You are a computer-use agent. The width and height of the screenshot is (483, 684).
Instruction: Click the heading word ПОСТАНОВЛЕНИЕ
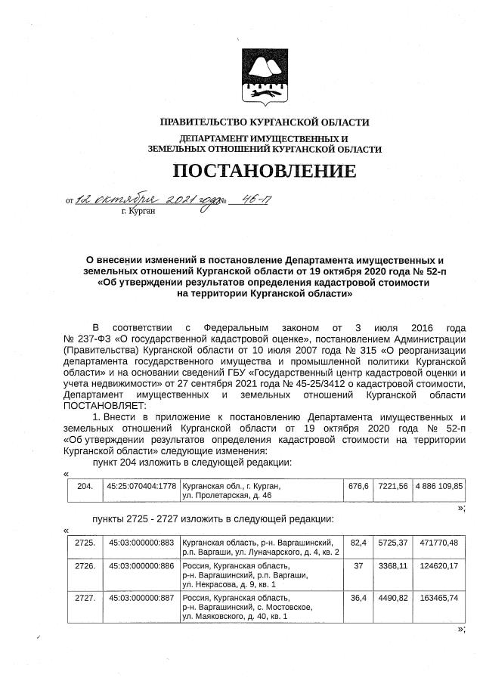pyautogui.click(x=264, y=171)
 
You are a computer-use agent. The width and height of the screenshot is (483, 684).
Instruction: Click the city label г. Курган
pyautogui.click(x=138, y=212)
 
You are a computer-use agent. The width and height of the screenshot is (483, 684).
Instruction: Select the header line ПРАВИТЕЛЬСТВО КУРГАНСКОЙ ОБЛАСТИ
pyautogui.click(x=265, y=122)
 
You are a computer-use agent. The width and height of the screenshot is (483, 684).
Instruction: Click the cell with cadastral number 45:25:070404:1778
pyautogui.click(x=141, y=486)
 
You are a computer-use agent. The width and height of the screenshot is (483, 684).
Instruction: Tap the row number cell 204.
pyautogui.click(x=85, y=486)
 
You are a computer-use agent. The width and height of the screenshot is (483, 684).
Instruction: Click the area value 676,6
pyautogui.click(x=358, y=486)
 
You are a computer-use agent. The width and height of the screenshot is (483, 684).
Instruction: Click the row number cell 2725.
pyautogui.click(x=85, y=543)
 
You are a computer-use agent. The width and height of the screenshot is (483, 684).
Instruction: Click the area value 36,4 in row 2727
pyautogui.click(x=358, y=597)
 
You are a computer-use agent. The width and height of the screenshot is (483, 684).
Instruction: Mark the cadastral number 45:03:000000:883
pyautogui.click(x=141, y=543)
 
